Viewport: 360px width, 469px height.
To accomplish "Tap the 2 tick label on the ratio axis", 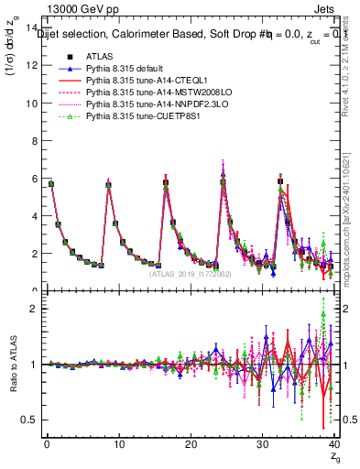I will coord(36,309).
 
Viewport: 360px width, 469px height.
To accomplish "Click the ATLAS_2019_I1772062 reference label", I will coord(189,273).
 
